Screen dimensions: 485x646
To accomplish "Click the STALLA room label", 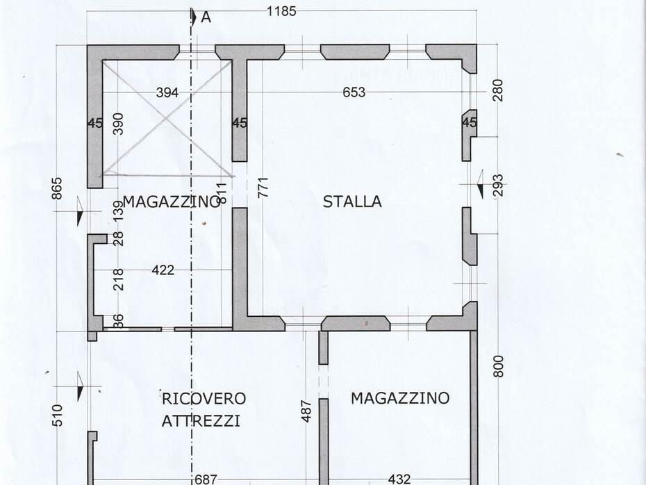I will [x=352, y=202].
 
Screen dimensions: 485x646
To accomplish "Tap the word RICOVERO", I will [x=204, y=399].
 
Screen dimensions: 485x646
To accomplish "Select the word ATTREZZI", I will [x=201, y=421].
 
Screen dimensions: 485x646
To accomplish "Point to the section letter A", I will [x=206, y=18].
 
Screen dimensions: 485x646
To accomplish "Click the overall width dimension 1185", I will [x=281, y=11].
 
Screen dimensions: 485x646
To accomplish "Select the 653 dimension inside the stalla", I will [x=354, y=92].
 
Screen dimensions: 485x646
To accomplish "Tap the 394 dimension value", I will [x=167, y=92].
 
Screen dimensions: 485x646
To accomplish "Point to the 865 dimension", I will [x=58, y=188].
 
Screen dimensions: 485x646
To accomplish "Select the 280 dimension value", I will [x=497, y=90].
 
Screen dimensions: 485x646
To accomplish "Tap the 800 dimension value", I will [x=498, y=366].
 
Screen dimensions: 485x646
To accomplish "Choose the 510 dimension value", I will [x=58, y=415].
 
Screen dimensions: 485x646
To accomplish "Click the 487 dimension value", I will [x=306, y=411].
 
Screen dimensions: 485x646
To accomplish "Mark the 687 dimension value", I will [x=206, y=479].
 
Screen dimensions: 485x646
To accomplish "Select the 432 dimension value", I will [x=399, y=479].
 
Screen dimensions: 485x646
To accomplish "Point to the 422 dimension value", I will [x=163, y=270].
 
